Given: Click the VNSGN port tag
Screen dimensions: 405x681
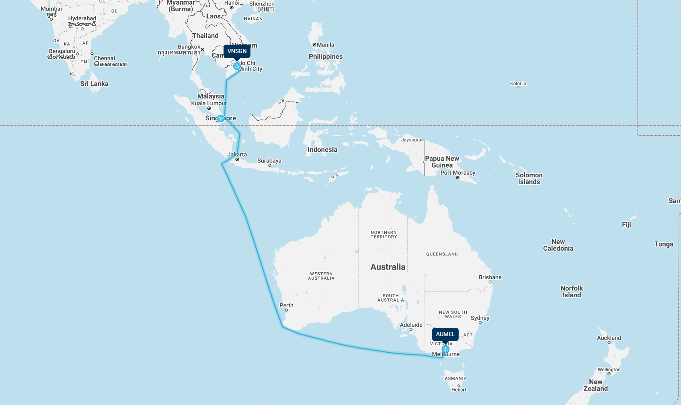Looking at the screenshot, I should point(237,51).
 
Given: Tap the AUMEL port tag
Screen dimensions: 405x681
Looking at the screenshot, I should point(445,334).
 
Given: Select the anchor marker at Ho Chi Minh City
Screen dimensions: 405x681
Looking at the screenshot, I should point(237,66).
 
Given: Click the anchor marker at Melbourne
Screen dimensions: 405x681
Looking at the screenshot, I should point(446,349).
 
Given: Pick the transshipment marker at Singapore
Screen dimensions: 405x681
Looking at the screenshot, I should point(221,118).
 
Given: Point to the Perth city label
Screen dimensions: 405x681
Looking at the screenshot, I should point(286,305).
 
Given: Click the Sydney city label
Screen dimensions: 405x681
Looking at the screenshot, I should point(480,318).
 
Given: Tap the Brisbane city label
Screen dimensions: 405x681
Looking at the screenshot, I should point(490,277).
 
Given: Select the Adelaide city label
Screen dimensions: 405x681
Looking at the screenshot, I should point(411,325).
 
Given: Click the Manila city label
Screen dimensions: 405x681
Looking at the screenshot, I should point(325,45).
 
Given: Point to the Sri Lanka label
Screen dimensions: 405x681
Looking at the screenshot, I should point(94,84).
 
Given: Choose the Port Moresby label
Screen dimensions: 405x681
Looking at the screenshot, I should point(458,173).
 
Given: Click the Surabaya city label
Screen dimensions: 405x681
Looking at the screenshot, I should point(269,161).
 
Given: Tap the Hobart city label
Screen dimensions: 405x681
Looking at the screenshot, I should point(459,390).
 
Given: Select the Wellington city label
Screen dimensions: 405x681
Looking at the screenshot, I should point(609,370).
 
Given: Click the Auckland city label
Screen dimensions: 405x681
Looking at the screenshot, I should point(609,338).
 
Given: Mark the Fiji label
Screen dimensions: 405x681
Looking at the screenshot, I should point(626,225).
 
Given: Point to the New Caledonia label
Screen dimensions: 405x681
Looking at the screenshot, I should point(558,245).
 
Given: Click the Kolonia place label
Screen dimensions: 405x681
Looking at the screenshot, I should point(518,83).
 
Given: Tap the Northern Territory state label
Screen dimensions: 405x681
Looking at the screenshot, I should point(384,235).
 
